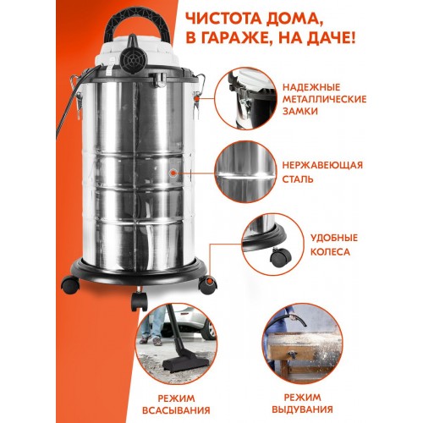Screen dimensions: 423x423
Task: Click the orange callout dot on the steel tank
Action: point(173,173)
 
